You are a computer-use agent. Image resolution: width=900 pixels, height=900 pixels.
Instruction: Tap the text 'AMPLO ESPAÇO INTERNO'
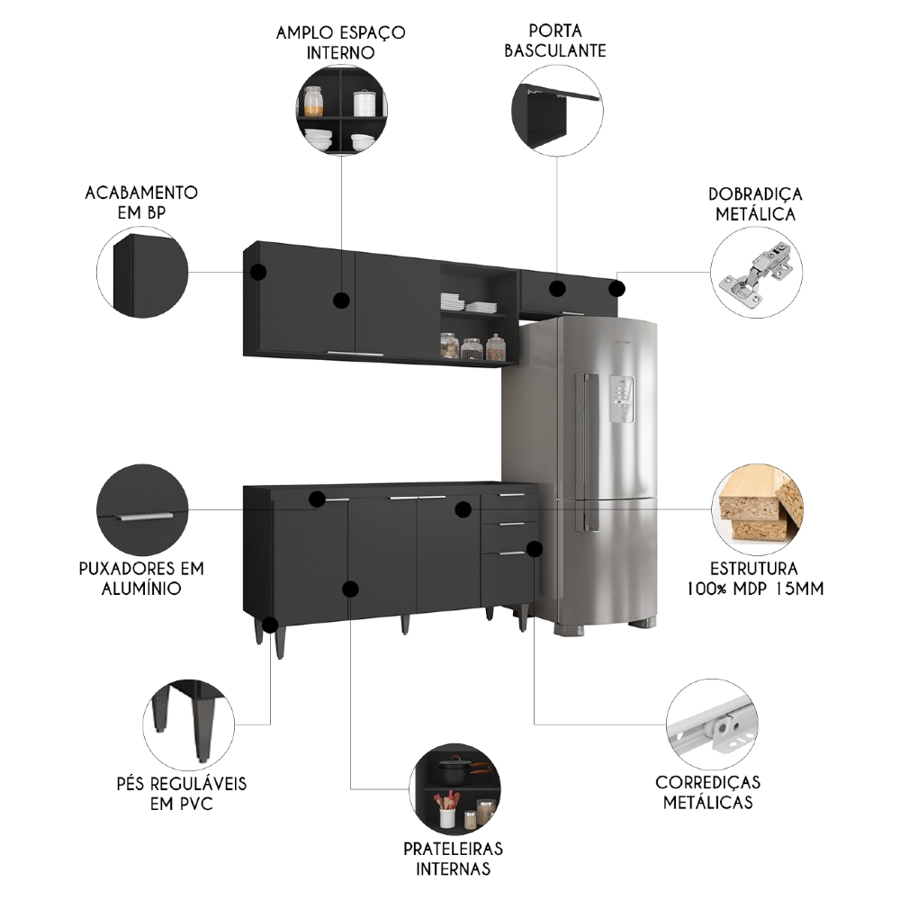pos(340,42)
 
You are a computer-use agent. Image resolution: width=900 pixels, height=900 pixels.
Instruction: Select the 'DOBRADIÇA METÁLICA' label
pos(755,204)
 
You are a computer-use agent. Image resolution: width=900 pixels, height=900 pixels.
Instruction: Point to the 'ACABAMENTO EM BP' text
pos(141,202)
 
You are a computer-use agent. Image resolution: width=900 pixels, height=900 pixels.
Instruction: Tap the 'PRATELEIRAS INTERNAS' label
pos(453,859)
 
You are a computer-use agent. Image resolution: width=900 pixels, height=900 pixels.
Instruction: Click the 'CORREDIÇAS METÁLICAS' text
pos(707,792)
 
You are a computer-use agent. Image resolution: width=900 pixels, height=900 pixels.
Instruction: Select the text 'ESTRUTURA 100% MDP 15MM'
pos(754,579)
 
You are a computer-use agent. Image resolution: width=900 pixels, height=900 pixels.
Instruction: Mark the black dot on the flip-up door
pos(557,289)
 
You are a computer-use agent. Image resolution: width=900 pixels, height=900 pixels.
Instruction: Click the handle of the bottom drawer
pos(510,553)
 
